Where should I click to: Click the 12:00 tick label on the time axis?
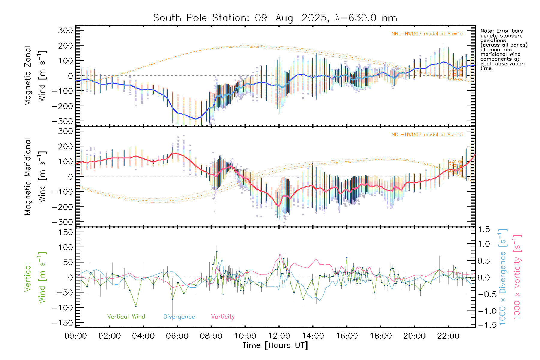pyautogui.click(x=279, y=336)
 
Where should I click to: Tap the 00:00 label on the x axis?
pyautogui.click(x=76, y=336)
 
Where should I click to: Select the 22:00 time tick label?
pyautogui.click(x=448, y=336)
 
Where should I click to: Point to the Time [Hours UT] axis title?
pyautogui.click(x=275, y=346)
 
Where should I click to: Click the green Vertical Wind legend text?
pyautogui.click(x=126, y=317)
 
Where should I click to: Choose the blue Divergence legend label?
pyautogui.click(x=179, y=317)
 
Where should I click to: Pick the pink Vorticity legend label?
pyautogui.click(x=223, y=317)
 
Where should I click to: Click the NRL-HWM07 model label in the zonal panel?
pyautogui.click(x=427, y=34)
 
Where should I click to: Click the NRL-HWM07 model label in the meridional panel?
pyautogui.click(x=427, y=135)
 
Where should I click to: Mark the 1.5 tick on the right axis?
pyautogui.click(x=484, y=229)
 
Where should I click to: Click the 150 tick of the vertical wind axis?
pyautogui.click(x=66, y=232)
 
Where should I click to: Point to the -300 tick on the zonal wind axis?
pyautogui.click(x=62, y=121)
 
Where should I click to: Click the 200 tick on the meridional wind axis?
pyautogui.click(x=66, y=146)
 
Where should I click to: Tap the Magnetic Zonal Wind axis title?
pyautogui.click(x=35, y=76)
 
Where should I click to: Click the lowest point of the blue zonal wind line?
pyautogui.click(x=196, y=119)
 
